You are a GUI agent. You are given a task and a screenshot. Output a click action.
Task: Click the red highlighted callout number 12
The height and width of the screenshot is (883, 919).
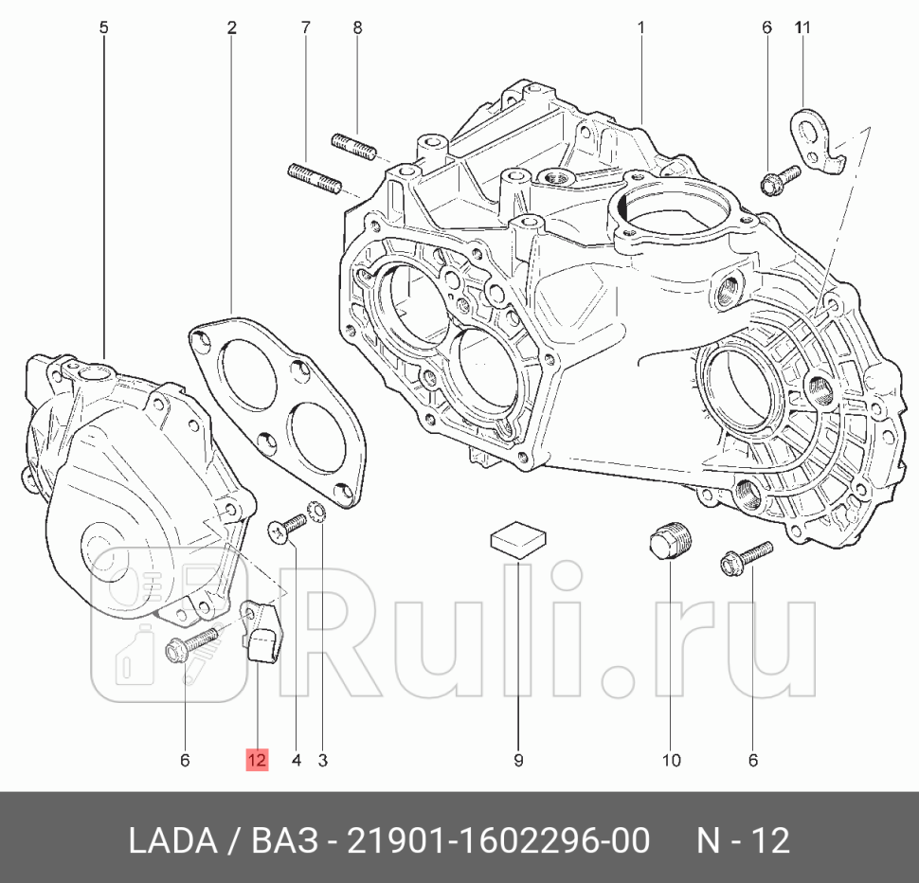coord(258,759)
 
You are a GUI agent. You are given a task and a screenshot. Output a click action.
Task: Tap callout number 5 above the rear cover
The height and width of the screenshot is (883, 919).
coord(103,28)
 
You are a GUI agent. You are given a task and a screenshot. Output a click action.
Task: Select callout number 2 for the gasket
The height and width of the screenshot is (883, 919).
coord(231,28)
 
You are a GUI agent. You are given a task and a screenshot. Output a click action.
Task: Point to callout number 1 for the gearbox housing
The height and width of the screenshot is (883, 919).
coord(640,28)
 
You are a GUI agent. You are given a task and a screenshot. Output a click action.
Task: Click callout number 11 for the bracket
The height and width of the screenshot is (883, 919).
coord(802,28)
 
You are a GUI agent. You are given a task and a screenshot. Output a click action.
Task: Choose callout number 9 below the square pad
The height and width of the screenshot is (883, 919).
coord(518,759)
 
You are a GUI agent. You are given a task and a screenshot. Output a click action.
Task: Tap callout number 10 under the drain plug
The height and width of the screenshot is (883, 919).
coord(671,759)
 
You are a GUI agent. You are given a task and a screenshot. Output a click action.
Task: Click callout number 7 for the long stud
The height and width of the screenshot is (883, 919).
coord(305,28)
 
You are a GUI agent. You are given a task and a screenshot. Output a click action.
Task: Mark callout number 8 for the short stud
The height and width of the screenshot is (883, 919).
coord(357,28)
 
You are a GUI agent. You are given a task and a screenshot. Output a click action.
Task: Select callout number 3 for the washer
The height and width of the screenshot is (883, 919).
coord(322,759)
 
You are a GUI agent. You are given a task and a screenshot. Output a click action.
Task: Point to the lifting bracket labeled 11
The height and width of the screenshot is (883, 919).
coord(817,142)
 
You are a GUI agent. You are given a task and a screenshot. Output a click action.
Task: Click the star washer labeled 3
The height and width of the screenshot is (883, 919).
coord(320,514)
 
